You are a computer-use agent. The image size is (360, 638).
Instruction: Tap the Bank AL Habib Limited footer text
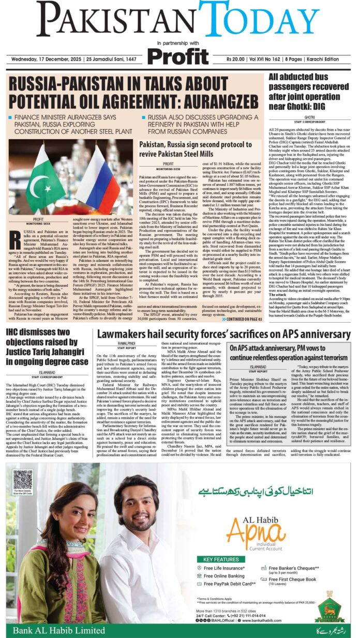(52, 630)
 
